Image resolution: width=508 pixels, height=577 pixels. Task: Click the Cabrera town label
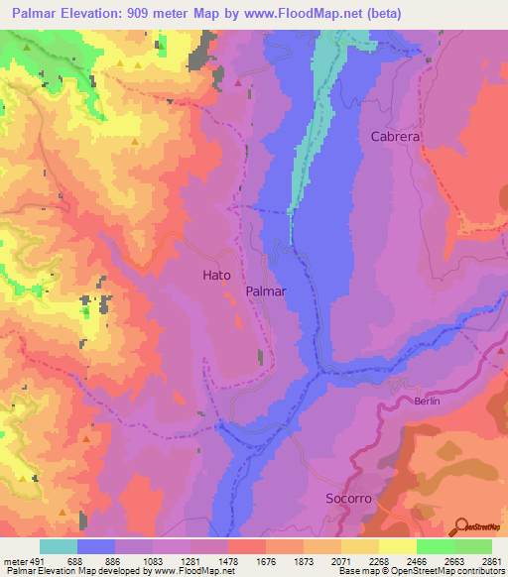395,137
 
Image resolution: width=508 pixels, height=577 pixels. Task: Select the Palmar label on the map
265,292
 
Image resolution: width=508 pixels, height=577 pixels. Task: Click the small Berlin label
426,402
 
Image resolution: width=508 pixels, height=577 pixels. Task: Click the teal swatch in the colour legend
59,546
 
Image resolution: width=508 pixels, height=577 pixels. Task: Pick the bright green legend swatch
435,546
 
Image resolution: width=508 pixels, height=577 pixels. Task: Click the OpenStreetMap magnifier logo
463,524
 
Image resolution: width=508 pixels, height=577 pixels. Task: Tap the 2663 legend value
453,560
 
